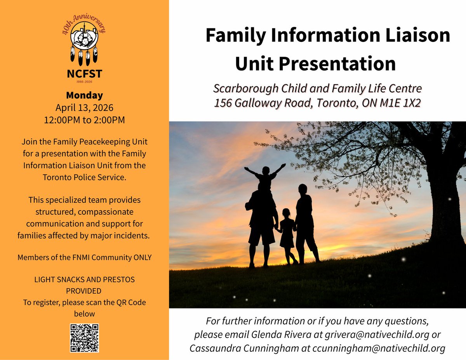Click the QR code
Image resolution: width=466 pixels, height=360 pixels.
[x=84, y=338]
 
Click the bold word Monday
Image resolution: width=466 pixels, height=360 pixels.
[x=84, y=95]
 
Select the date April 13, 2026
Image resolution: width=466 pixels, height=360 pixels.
[x=84, y=108]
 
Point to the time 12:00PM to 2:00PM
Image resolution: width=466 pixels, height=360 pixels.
[x=84, y=120]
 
